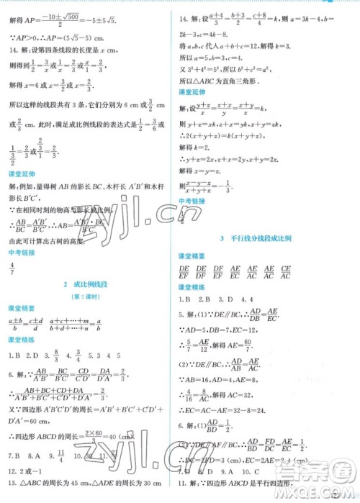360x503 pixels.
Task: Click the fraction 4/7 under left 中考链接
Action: [12, 267]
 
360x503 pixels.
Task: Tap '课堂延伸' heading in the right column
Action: [189, 92]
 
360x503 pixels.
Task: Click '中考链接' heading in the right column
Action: [189, 201]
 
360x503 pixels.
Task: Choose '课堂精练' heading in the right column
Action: [189, 286]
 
